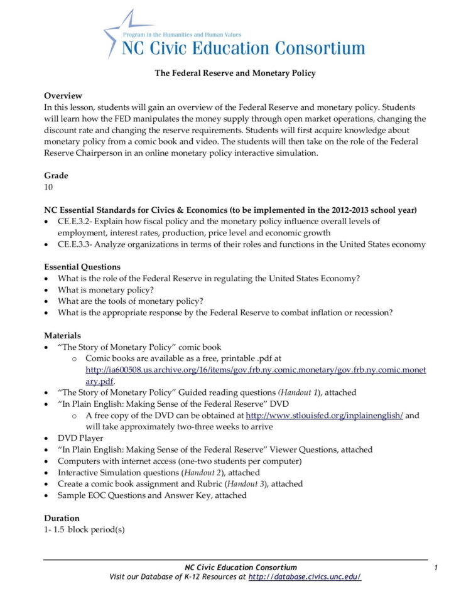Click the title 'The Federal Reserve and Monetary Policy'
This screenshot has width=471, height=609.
pos(235,73)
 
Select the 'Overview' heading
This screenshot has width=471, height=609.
pos(63,95)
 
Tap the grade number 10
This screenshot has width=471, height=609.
pos(48,187)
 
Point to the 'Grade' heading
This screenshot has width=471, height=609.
pos(56,176)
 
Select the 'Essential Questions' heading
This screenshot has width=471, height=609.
pos(82,267)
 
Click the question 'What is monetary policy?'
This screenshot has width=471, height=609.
pos(106,290)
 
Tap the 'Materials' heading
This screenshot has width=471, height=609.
pos(62,336)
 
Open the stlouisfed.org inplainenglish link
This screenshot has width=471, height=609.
pos(324,416)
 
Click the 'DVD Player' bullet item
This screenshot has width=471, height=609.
pos(80,438)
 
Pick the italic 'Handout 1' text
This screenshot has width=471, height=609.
pos(304,392)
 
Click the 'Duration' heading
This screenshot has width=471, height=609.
pos(62,519)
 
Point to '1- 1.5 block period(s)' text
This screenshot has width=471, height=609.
pos(84,530)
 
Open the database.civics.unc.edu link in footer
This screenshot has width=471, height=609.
pos(305,577)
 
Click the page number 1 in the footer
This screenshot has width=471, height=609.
pos(435,568)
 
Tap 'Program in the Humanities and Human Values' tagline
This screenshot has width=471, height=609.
pos(182,36)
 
